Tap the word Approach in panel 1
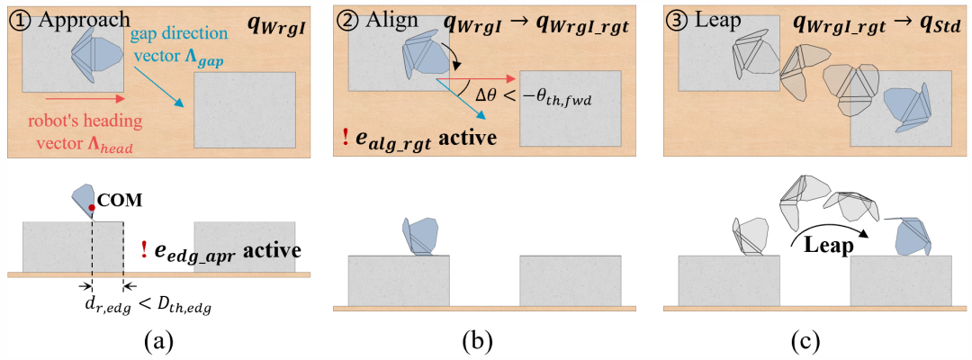pos(79,20)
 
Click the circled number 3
pos(677,20)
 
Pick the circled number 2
pos(346,20)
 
